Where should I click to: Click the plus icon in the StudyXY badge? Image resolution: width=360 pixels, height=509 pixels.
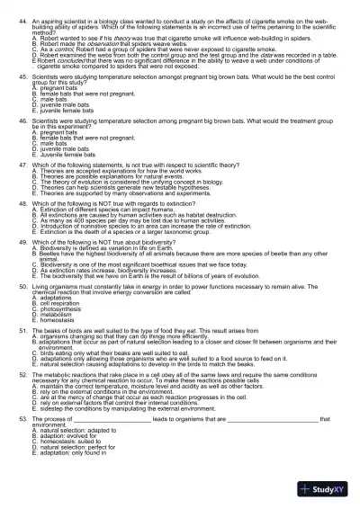point(309,488)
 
